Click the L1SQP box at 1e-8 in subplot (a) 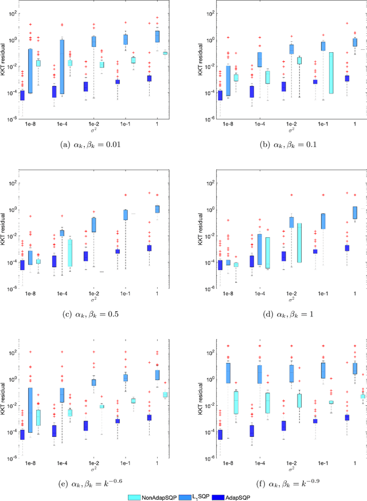coord(30,71)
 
